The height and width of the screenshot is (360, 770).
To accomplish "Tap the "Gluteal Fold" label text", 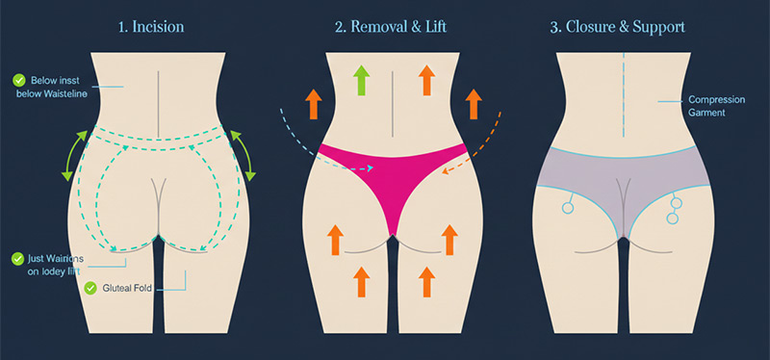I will pos(130,288).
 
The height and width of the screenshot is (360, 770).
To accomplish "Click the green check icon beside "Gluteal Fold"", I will pos(90,288).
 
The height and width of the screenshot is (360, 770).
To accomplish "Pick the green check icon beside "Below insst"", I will pos(17,79).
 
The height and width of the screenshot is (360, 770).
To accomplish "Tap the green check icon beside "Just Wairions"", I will pos(16,258).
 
